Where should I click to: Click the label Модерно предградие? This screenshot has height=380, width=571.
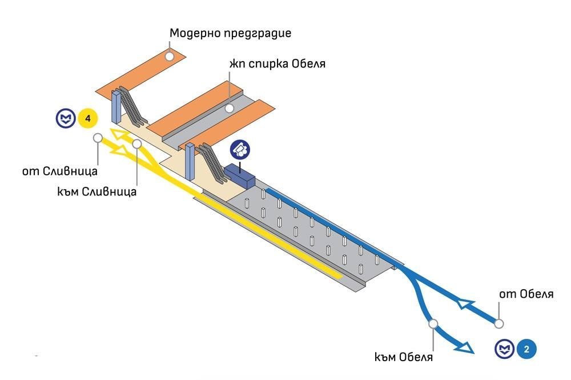pos(230,33)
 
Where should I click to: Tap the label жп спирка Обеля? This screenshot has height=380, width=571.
pos(278,63)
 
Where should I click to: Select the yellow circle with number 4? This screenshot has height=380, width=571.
pos(87,119)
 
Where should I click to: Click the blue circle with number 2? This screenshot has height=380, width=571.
pos(526,349)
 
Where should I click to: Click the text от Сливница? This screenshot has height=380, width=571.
pos(60,170)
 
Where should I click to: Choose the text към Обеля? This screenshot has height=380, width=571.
pos(404,358)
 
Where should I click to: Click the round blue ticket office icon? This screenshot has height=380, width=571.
pos(240,150)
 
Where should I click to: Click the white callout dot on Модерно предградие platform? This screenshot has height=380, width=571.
pos(170,55)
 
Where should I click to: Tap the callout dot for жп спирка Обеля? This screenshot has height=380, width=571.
pos(229,108)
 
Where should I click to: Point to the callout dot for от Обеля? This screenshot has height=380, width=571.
pos(499,323)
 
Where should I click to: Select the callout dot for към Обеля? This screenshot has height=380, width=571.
pos(433,324)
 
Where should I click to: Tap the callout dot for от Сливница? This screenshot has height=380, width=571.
pos(98,138)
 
